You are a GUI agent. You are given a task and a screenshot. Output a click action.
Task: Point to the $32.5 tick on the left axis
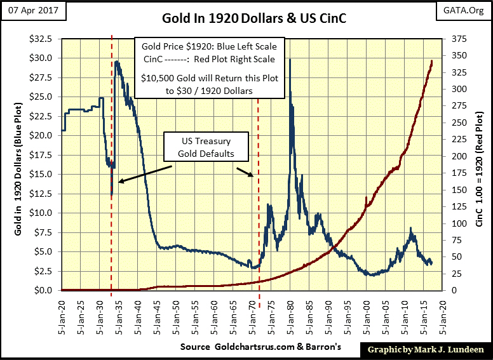pos(43,39)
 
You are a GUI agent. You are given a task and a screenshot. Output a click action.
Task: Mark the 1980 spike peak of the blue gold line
pos(290,60)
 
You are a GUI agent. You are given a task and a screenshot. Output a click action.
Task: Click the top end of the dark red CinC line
pos(432,61)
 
